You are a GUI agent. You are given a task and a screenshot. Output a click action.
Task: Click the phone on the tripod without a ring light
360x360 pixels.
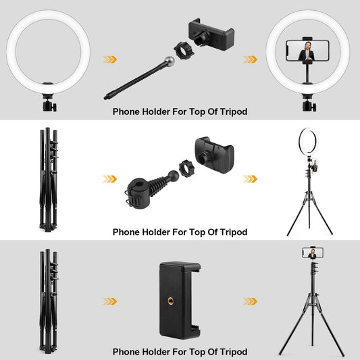[312, 253]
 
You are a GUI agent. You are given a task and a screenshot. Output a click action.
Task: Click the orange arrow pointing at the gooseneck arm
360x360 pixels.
[109, 59]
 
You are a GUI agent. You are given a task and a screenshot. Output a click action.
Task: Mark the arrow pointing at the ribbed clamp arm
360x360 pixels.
[109, 179]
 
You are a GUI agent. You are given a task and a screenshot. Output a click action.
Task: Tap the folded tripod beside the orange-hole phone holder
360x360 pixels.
[48, 299]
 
